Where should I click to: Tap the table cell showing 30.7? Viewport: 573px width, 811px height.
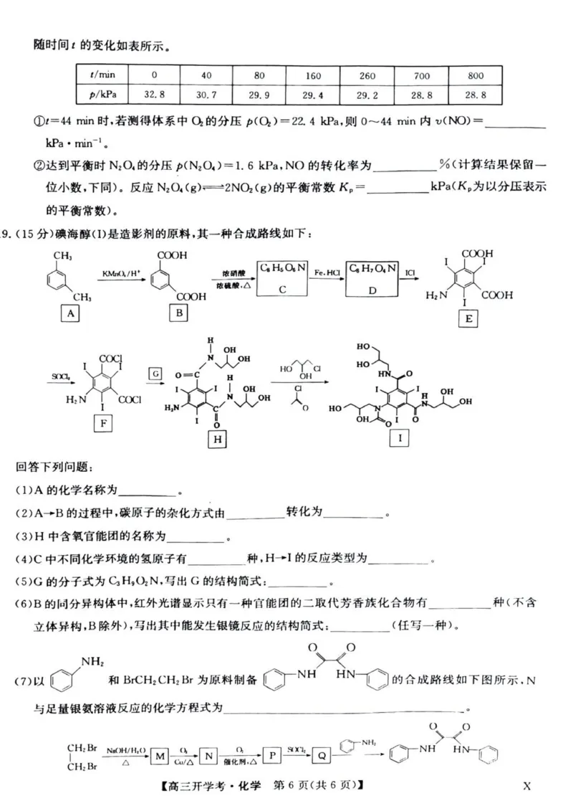pos(206,94)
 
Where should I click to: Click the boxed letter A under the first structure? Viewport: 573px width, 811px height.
pos(69,313)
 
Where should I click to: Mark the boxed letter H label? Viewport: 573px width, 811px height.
pos(216,439)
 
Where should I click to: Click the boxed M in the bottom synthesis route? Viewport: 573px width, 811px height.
pos(160,755)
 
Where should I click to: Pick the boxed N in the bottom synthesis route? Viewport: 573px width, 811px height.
pos(208,755)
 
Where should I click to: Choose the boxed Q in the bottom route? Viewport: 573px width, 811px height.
pos(322,755)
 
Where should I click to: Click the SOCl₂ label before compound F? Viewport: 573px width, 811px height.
pos(59,376)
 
